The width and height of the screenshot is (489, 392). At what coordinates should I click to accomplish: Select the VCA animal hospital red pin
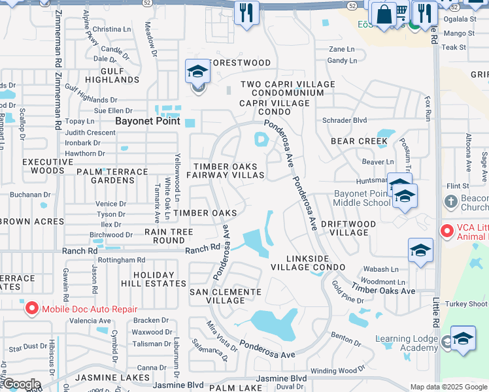click(447, 231)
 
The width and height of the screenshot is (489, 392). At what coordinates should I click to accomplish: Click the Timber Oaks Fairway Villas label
click(226, 171)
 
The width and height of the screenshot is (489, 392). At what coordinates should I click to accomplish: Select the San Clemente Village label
click(216, 296)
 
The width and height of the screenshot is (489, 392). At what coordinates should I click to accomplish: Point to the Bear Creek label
click(360, 141)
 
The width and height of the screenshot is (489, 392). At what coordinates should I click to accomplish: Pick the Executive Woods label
click(43, 165)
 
